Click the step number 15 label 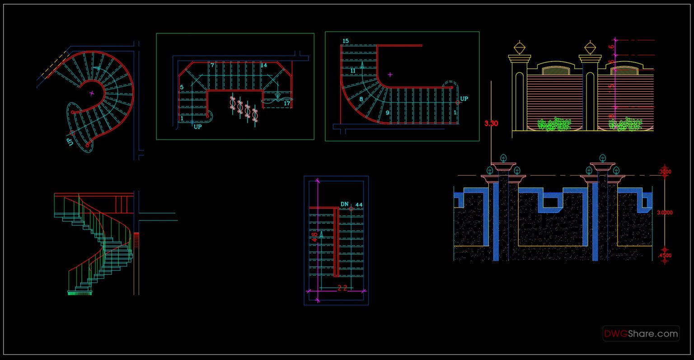346,41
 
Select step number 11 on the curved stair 353,70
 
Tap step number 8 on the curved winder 361,99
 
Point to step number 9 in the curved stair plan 387,113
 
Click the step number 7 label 212,65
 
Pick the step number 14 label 264,65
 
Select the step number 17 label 287,103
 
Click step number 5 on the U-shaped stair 182,87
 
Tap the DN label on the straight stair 345,204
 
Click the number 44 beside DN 359,205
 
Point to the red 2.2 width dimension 342,289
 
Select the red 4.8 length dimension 314,238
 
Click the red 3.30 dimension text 491,123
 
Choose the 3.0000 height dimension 664,212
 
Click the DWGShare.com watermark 641,334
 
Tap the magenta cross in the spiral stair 92,93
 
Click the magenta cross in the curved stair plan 390,75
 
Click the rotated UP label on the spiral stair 70,141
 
